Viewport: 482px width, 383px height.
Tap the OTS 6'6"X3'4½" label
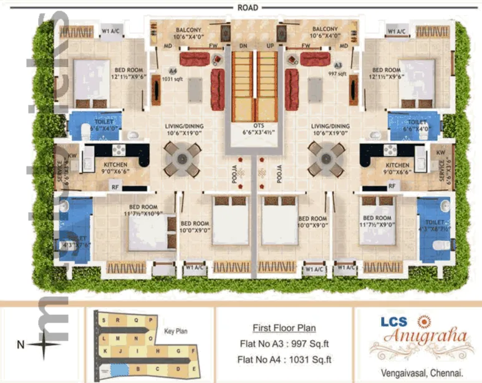coord(253,129)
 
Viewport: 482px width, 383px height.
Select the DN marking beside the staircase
coord(243,46)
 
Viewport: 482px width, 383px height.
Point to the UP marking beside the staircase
coord(270,46)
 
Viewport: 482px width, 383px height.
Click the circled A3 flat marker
coord(338,65)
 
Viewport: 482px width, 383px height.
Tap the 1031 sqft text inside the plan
coord(171,79)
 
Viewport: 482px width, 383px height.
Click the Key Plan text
coord(175,332)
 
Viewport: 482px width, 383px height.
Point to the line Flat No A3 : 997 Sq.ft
coord(284,344)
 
